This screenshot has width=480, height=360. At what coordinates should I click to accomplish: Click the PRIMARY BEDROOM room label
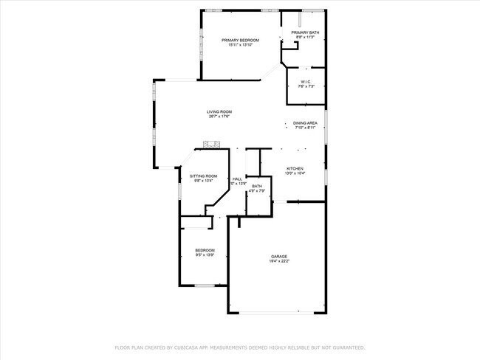(x=240, y=40)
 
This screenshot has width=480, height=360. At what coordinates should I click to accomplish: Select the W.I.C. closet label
(x=306, y=81)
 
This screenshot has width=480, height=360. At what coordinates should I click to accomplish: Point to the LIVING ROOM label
(x=219, y=111)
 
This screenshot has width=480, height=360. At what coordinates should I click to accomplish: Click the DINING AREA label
(x=305, y=122)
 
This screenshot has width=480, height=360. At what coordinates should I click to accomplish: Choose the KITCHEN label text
(x=295, y=168)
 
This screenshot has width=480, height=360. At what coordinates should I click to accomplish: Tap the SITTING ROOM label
(x=203, y=176)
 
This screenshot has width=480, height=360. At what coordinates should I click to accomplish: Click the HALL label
(x=237, y=179)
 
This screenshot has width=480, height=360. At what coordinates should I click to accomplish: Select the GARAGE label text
(x=278, y=256)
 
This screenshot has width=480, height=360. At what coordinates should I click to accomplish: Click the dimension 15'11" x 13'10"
(x=240, y=45)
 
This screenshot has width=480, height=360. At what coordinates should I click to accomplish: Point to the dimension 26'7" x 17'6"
(x=219, y=117)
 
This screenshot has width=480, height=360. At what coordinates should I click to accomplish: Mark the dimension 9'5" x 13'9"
(x=205, y=255)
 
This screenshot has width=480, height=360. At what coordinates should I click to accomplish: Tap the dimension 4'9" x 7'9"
(x=256, y=191)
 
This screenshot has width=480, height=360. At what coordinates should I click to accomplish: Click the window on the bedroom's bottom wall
(x=205, y=285)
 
